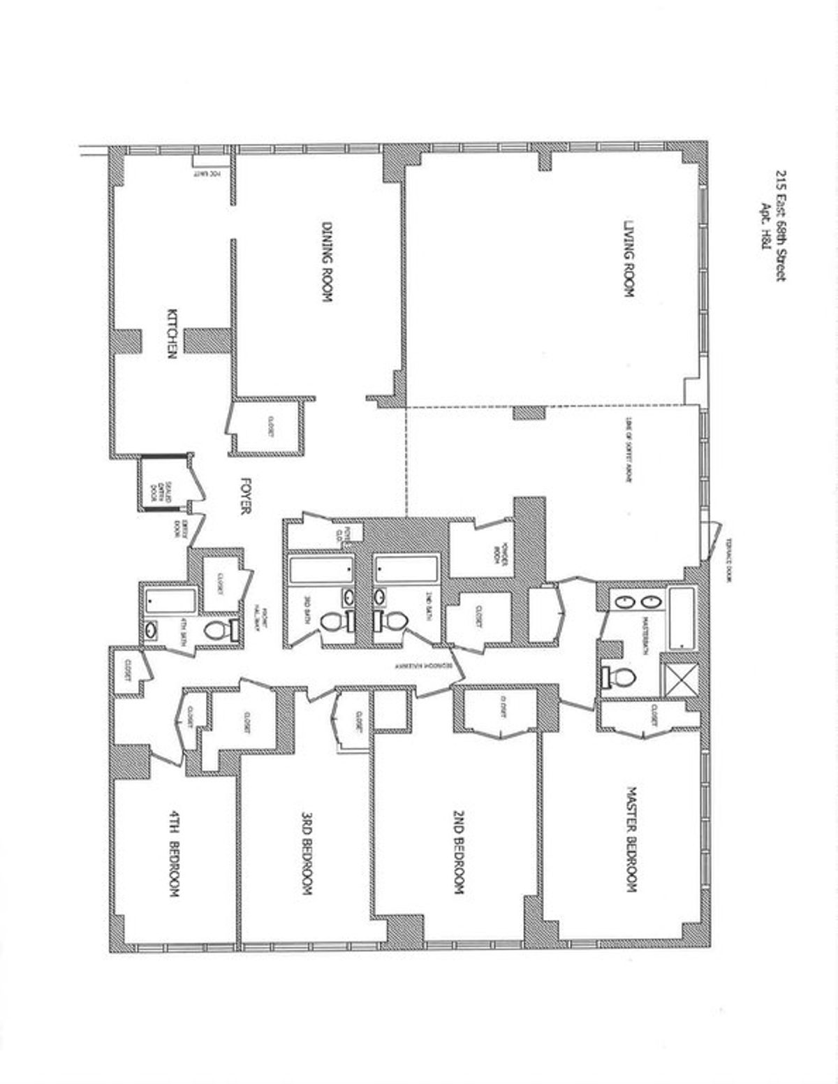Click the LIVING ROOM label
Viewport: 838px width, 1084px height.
click(x=628, y=260)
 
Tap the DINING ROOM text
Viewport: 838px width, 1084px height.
click(x=326, y=262)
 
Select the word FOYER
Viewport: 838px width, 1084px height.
click(x=245, y=497)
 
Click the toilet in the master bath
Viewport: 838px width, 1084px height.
click(x=620, y=676)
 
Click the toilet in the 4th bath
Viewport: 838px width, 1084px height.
click(x=217, y=631)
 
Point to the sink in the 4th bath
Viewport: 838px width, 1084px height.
click(x=152, y=631)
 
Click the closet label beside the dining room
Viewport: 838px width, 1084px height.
click(x=267, y=426)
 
